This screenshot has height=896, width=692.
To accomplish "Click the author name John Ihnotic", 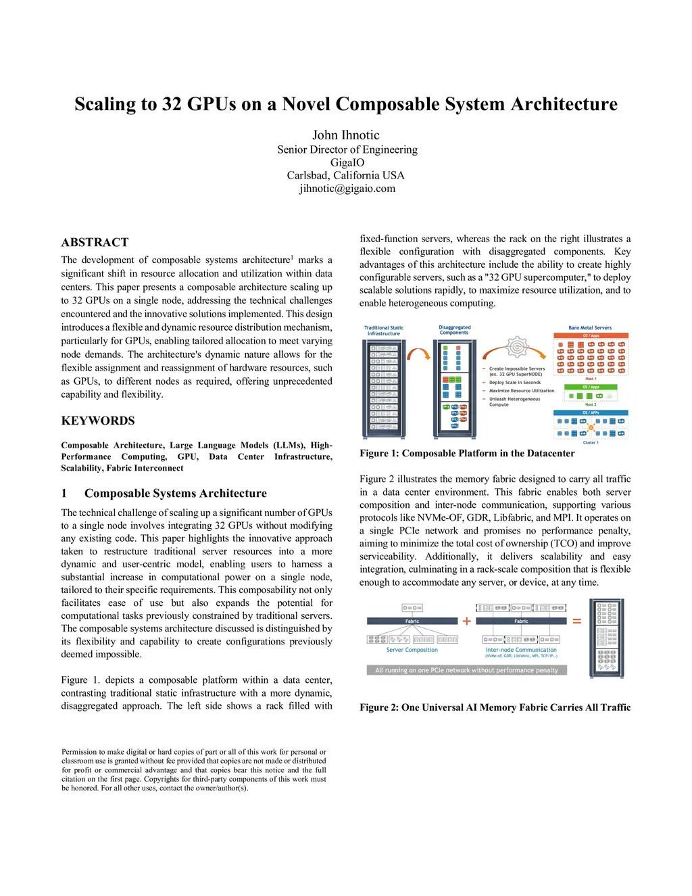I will tap(345, 135).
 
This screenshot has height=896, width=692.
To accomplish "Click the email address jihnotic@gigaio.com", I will tap(347, 189).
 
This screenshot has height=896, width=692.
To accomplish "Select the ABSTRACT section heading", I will tap(95, 242).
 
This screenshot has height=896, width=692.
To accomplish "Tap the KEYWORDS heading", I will tap(98, 421).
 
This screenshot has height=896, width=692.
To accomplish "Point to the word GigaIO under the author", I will tap(347, 162).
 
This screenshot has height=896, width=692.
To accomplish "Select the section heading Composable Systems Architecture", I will tap(175, 494).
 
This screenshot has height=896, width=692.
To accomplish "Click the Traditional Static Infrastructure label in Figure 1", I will tap(384, 331).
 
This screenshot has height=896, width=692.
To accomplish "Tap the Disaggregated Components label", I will tap(454, 330).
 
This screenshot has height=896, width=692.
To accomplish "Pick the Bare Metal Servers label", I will tap(590, 328).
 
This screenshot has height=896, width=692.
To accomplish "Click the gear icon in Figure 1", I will tap(516, 347).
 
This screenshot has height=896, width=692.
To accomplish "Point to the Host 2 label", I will tap(590, 404).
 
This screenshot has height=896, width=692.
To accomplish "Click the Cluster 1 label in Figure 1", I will tap(590, 443).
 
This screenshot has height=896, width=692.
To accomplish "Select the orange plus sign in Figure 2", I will tap(466, 621).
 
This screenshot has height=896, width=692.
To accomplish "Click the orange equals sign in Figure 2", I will tap(576, 621).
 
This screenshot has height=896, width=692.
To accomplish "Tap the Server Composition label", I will tap(412, 650).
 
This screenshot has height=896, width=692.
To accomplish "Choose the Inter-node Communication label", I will tap(521, 650).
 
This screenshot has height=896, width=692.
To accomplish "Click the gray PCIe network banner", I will tap(466, 670).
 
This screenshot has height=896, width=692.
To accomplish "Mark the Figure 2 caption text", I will tap(495, 707).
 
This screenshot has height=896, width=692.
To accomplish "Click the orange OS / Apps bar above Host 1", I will tap(591, 335).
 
